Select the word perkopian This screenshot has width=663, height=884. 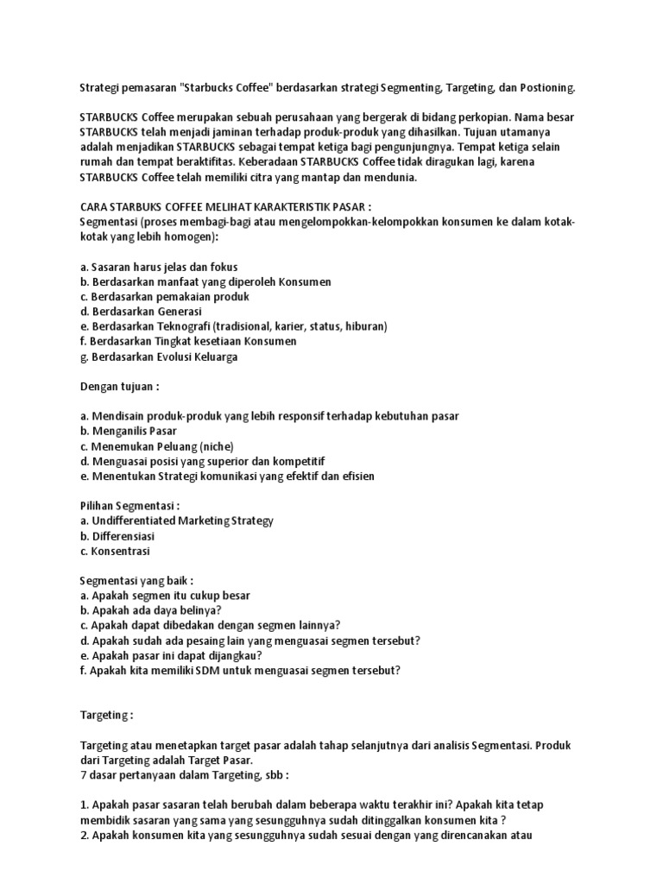(527, 117)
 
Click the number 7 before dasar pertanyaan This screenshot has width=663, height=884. (82, 774)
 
